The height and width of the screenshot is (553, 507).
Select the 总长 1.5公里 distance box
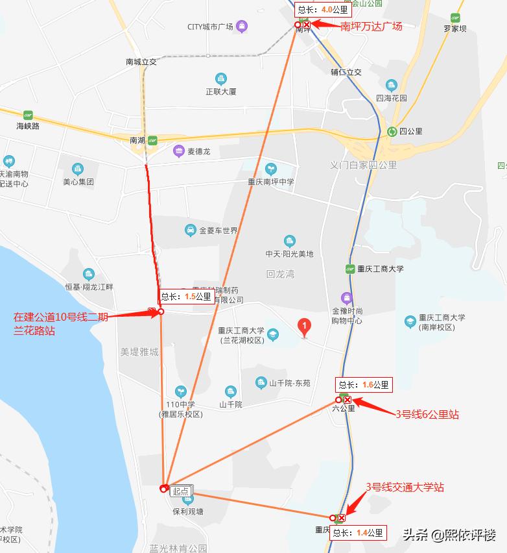(185, 297)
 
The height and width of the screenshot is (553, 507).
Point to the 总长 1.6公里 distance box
(363, 385)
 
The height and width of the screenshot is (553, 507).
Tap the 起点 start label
(181, 491)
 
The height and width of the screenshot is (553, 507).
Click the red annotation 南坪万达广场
(371, 27)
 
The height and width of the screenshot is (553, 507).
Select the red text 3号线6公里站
(427, 414)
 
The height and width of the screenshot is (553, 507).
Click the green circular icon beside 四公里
(392, 131)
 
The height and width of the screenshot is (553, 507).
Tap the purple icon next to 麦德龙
(178, 151)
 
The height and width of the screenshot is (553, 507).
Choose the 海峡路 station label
(28, 126)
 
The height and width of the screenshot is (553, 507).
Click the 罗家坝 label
(455, 29)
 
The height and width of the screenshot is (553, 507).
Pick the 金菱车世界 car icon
(190, 230)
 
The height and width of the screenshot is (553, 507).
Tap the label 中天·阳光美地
(289, 254)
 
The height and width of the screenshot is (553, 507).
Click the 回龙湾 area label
(280, 274)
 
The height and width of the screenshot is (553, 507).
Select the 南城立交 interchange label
(141, 62)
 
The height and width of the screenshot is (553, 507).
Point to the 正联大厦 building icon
(221, 79)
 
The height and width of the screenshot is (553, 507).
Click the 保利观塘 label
(187, 511)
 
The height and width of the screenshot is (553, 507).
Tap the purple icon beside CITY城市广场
(242, 27)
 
